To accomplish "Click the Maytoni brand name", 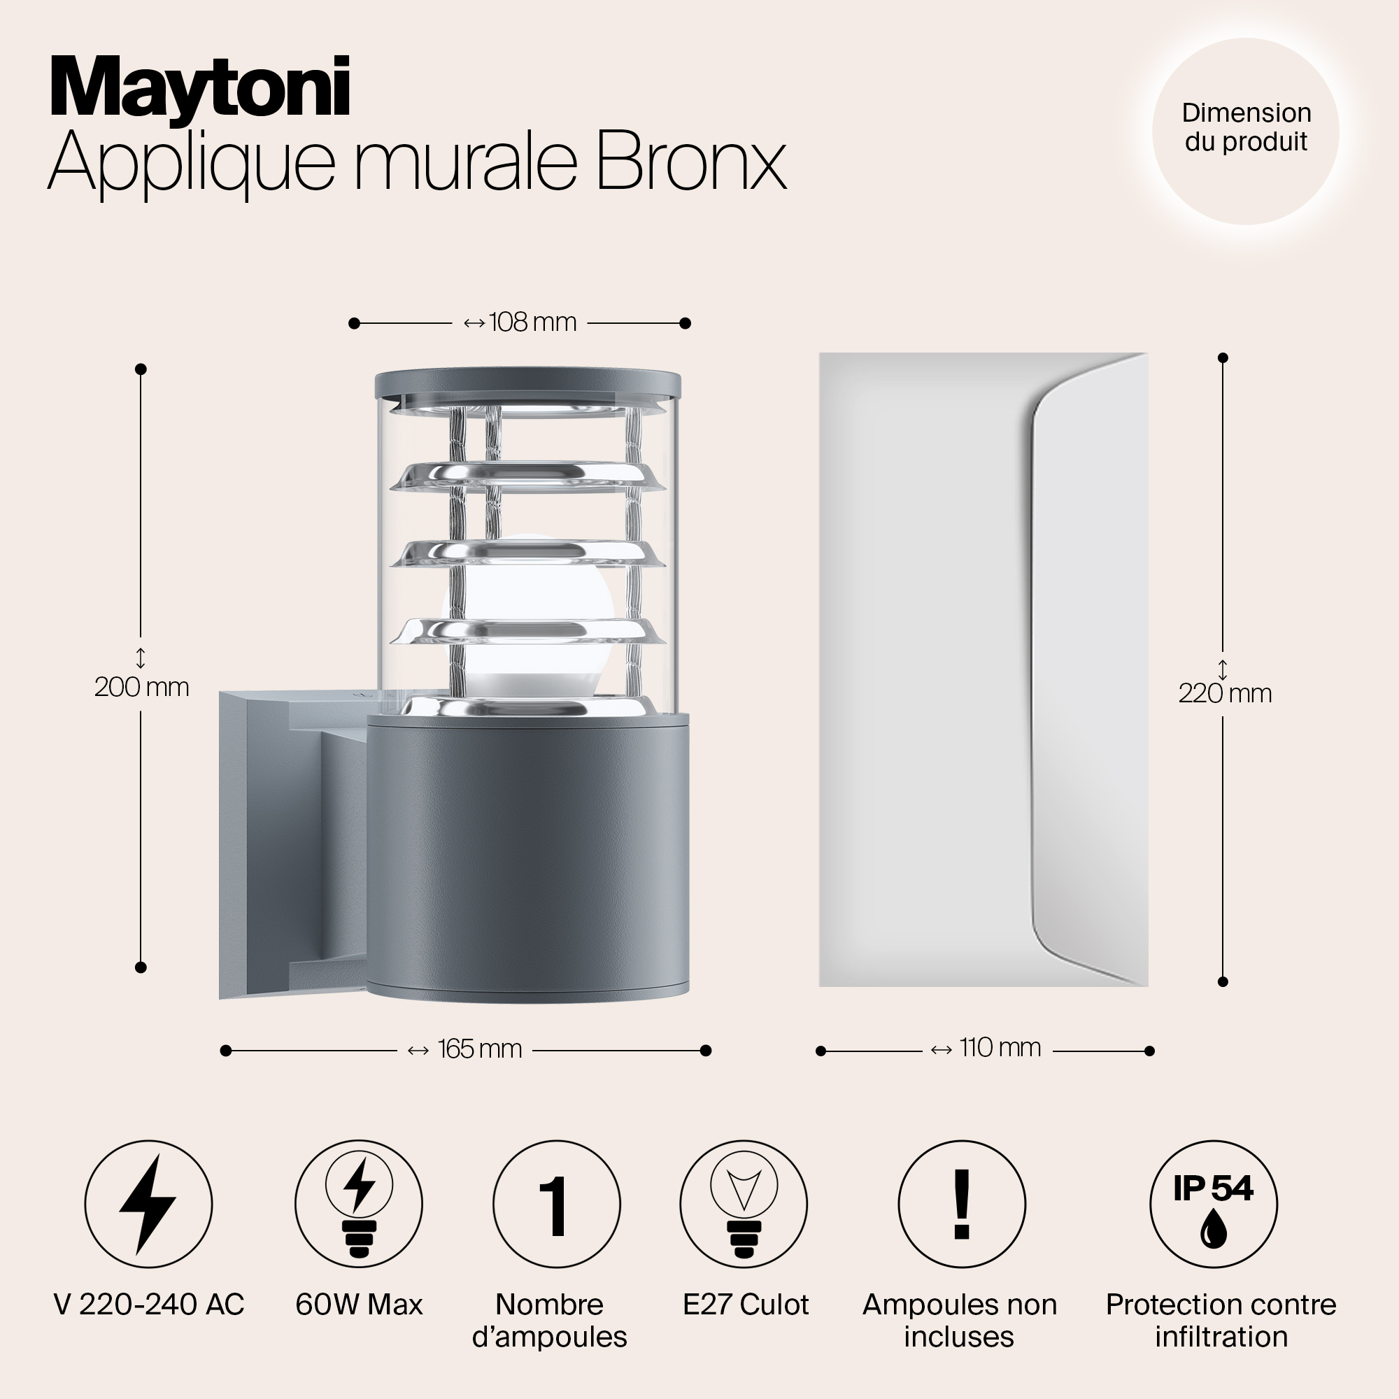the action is point(200,88).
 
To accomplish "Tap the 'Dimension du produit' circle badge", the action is point(1246,131).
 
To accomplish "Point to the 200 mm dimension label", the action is point(142,687).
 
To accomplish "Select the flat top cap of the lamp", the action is point(528,385).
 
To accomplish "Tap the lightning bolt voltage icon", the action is point(148,1205).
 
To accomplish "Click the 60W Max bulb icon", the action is point(358,1205).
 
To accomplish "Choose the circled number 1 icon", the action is point(556,1205).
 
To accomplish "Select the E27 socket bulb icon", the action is point(744,1205).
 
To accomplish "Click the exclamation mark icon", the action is point(962,1205).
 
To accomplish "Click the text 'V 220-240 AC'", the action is point(149,1305).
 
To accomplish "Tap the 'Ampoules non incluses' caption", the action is point(960,1321).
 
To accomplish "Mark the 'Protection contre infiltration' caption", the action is point(1221,1321).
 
